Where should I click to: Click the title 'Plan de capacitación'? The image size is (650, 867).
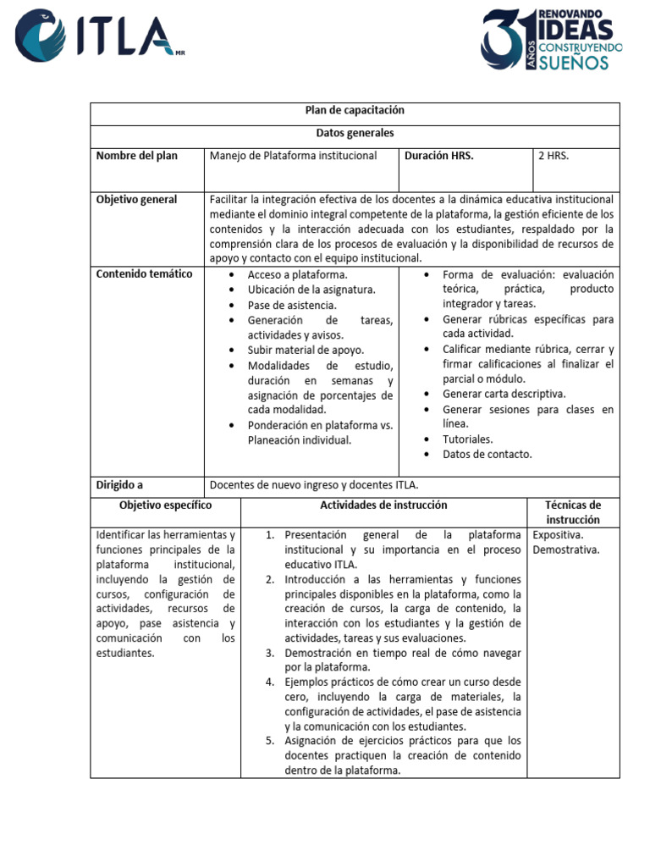[x=355, y=111]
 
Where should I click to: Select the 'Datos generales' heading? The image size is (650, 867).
[x=355, y=134]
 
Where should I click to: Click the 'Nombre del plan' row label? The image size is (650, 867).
[x=136, y=156]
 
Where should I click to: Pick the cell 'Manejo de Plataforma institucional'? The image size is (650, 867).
[x=293, y=156]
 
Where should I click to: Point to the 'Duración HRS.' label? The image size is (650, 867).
[x=438, y=156]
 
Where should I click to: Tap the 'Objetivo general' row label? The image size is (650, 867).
[x=136, y=200]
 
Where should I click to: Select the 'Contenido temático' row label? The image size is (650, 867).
[x=144, y=274]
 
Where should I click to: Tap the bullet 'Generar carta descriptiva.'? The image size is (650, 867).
[x=504, y=394]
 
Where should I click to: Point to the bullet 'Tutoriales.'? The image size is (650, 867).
[x=467, y=439]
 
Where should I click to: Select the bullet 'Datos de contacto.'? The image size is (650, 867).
[x=487, y=454]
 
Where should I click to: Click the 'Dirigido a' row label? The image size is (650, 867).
[x=119, y=485]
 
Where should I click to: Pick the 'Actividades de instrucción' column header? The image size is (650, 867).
[x=383, y=505]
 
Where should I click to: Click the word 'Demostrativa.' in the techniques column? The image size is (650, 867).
[x=565, y=549]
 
